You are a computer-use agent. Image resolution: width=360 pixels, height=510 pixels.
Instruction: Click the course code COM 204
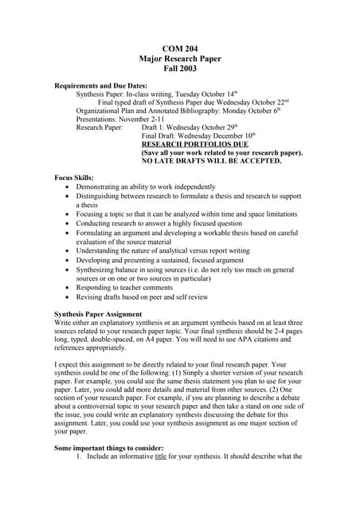pyautogui.click(x=179, y=49)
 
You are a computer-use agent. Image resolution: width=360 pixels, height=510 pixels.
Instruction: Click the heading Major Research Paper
pyautogui.click(x=179, y=60)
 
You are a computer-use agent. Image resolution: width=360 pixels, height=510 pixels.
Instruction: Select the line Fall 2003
pyautogui.click(x=179, y=70)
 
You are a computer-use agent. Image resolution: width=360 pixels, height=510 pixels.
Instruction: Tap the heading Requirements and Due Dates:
pyautogui.click(x=100, y=85)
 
